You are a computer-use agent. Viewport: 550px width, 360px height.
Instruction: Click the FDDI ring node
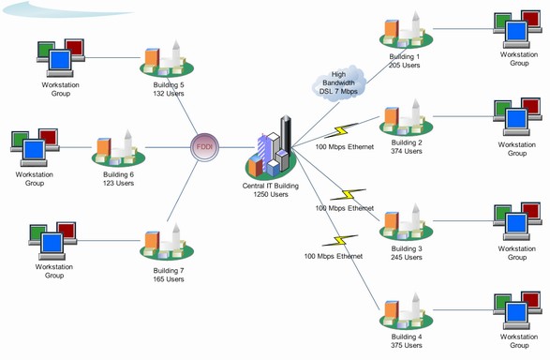pyautogui.click(x=204, y=148)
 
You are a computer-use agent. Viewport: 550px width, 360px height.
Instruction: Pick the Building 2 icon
pyautogui.click(x=406, y=119)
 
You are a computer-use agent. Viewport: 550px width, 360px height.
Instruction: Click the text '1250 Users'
pyautogui.click(x=271, y=194)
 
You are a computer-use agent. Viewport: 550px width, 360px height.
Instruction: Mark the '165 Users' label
pyautogui.click(x=169, y=279)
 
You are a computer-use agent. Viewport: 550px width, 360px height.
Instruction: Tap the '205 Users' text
pyautogui.click(x=406, y=65)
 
